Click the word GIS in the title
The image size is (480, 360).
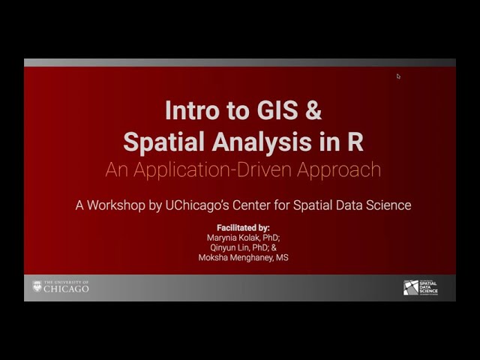(276, 111)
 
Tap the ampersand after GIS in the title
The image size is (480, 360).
(313, 111)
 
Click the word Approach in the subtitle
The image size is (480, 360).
(339, 169)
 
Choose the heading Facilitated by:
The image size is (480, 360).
(242, 227)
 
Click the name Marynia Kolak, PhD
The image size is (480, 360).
(242, 238)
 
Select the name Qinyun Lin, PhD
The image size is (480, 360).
(242, 247)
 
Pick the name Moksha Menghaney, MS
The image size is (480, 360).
(242, 257)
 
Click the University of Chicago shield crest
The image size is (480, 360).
(37, 286)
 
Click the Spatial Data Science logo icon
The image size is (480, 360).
(410, 287)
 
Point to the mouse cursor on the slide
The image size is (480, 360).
(398, 76)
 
